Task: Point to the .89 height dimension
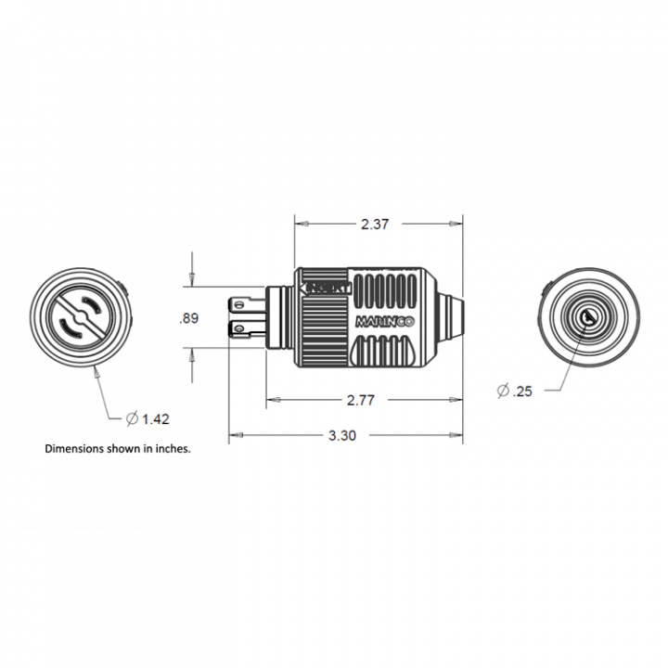pyautogui.click(x=188, y=318)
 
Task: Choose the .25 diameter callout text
pyautogui.click(x=521, y=392)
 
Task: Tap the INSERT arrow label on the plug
pyautogui.click(x=327, y=287)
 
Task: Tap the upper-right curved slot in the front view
pyautogui.click(x=95, y=304)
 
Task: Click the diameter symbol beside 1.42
pyautogui.click(x=132, y=419)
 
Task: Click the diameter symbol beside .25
pyautogui.click(x=502, y=392)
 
